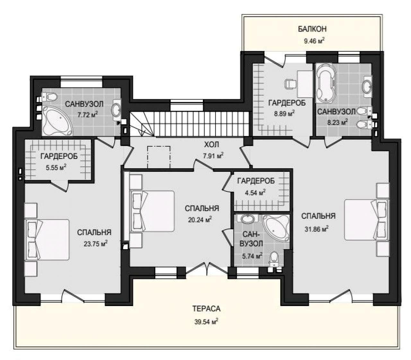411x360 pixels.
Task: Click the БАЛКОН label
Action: point(312,29)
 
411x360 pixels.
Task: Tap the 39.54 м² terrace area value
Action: point(206,321)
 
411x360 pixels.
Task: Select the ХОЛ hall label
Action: point(211,145)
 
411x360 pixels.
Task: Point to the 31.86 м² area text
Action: point(317,229)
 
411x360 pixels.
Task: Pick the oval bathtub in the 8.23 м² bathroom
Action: point(326,85)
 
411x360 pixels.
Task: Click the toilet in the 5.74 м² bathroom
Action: point(274,259)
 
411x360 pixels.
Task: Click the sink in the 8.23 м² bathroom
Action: point(367,87)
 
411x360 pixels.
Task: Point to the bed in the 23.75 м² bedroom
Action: point(47,240)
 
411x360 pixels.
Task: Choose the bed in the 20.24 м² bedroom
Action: point(152,211)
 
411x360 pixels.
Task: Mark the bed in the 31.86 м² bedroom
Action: point(367,220)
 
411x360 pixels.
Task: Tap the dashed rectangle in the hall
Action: point(159,157)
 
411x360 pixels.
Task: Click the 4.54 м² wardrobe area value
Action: point(255,193)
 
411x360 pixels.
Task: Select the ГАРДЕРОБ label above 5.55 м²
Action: point(59,156)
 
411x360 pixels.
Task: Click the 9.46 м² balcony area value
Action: point(314,41)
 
